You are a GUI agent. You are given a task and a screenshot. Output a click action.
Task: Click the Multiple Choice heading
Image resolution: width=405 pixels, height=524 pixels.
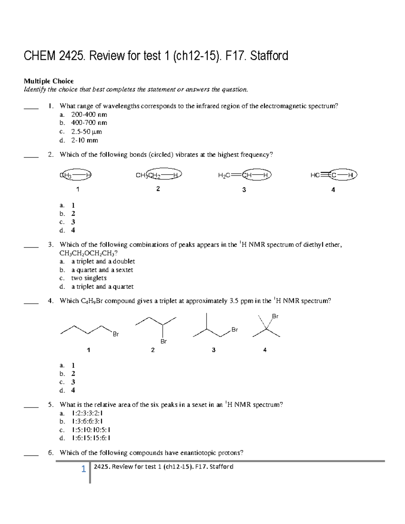click(48, 81)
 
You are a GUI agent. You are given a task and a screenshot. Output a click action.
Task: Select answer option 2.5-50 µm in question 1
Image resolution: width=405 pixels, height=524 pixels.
click(86, 132)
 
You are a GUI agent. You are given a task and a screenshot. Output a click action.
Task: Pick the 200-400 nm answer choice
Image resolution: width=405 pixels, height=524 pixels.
click(89, 114)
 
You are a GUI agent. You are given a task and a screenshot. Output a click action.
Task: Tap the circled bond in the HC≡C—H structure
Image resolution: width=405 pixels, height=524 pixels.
click(342, 175)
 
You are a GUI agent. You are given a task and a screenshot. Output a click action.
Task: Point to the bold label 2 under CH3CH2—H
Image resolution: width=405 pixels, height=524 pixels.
click(158, 189)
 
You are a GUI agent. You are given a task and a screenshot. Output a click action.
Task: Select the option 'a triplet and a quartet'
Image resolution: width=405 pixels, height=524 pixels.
click(102, 286)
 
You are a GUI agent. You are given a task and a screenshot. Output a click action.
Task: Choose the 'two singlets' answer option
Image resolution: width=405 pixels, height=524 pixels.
click(89, 278)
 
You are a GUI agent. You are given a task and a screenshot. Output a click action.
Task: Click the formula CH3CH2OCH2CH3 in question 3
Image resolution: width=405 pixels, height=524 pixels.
click(88, 253)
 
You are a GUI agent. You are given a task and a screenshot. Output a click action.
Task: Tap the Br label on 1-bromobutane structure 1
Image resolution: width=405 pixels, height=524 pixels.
click(116, 334)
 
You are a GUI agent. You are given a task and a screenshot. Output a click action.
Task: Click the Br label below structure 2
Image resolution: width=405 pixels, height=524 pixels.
click(163, 341)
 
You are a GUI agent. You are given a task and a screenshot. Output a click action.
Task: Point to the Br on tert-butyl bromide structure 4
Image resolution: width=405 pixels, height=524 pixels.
click(275, 316)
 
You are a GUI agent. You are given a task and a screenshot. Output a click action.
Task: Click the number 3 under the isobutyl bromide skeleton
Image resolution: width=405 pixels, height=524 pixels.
click(213, 350)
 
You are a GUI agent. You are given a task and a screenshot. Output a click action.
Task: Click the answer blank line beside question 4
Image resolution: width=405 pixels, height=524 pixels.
click(31, 304)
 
